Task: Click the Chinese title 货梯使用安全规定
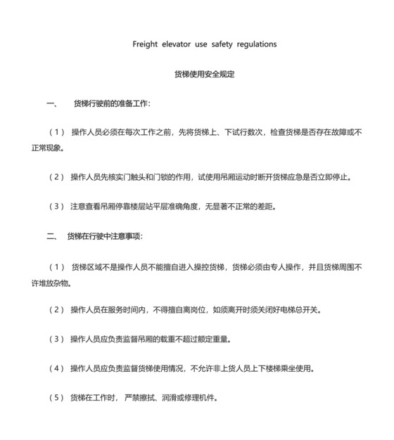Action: pos(204,74)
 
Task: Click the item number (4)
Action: pos(56,368)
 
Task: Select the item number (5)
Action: pos(56,398)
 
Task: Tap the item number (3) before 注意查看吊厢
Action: pos(56,207)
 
